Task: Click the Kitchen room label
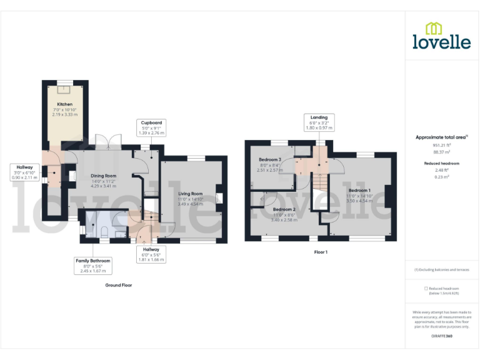click(x=64, y=104)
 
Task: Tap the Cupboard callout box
click(x=151, y=128)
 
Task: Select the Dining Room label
click(x=104, y=176)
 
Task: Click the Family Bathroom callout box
click(x=93, y=265)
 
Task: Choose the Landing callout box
click(x=319, y=122)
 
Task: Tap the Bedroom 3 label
click(x=270, y=159)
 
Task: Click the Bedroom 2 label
click(x=284, y=209)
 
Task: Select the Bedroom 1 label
click(x=359, y=190)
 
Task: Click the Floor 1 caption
click(x=321, y=252)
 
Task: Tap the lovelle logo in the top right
click(x=441, y=36)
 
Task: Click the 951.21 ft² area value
click(x=441, y=145)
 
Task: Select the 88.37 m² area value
click(x=441, y=152)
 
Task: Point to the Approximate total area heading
click(x=441, y=137)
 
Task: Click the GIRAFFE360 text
click(x=441, y=336)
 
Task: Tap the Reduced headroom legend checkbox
click(x=426, y=288)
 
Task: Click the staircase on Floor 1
click(x=319, y=182)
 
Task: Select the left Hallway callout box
click(x=25, y=172)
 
